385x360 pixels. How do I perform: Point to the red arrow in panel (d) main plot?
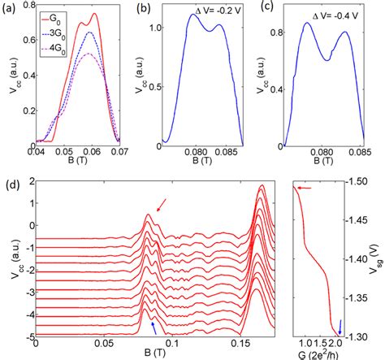pos(164,210)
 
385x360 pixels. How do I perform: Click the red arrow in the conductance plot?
pos(306,188)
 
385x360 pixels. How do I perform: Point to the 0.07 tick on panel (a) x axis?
pos(119,152)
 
